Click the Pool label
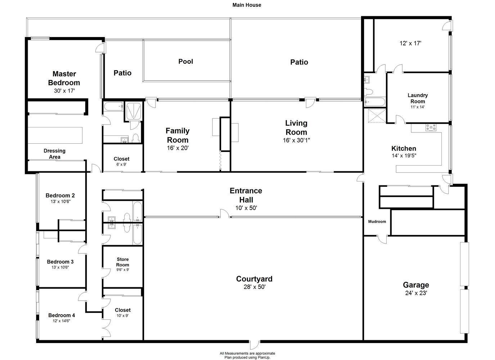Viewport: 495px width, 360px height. (186, 62)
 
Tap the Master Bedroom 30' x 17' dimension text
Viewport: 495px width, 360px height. (64, 91)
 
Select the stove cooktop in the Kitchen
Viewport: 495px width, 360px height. (431, 127)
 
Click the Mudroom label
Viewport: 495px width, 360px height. (377, 221)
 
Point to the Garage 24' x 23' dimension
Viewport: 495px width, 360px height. (416, 293)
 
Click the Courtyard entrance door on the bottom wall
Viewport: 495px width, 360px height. (255, 345)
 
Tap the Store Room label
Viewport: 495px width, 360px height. (123, 262)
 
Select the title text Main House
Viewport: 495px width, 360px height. (247, 5)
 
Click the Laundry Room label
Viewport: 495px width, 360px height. (418, 98)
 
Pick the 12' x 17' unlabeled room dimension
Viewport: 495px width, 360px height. (410, 43)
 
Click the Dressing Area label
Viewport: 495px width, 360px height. (55, 154)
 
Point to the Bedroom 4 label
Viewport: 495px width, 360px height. (62, 315)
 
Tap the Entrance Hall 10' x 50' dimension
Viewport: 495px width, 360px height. (246, 208)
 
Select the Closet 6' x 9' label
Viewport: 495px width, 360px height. (122, 161)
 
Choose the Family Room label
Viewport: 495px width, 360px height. (178, 135)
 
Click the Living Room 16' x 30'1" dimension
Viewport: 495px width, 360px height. (297, 140)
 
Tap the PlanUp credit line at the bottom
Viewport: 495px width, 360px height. (247, 357)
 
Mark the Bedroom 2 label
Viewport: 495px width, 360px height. (60, 195)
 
